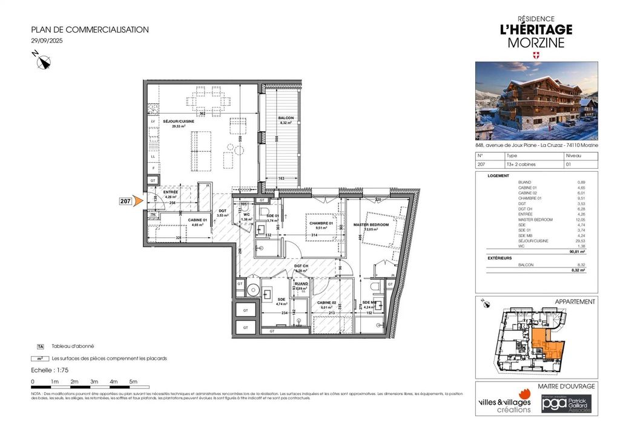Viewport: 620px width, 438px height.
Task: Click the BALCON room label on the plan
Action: (x=286, y=118)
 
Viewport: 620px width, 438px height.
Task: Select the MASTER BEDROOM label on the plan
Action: (x=375, y=224)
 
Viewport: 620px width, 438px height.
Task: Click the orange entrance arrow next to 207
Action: (x=139, y=201)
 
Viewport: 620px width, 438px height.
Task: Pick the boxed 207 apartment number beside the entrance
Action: (x=125, y=201)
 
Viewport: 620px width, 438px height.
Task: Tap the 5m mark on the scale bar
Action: (x=133, y=382)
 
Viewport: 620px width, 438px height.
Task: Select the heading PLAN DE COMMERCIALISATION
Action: (x=90, y=30)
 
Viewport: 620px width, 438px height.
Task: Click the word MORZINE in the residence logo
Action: (x=536, y=43)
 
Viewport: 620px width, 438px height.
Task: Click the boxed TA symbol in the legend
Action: (x=41, y=347)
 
